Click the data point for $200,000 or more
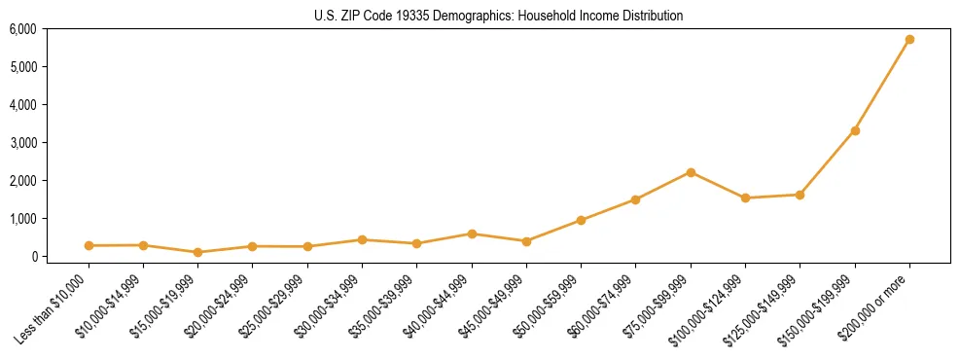(x=909, y=40)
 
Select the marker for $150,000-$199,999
(x=855, y=130)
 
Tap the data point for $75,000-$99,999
(x=691, y=172)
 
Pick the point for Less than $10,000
(x=89, y=246)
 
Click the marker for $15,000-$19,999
(x=197, y=252)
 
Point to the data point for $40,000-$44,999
(x=472, y=234)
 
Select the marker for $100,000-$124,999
(x=745, y=198)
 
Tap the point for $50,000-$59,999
(x=581, y=220)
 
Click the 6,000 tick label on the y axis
(x=22, y=29)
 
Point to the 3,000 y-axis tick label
(x=22, y=143)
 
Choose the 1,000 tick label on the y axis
(x=22, y=219)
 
